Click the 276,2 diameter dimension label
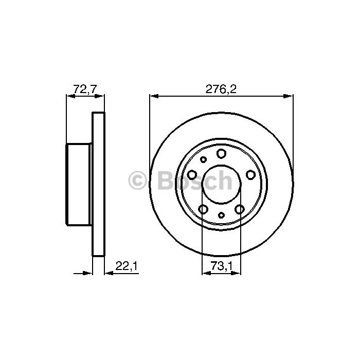point(221,89)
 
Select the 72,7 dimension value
point(85,89)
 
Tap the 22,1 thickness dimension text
point(127,266)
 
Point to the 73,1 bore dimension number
point(222,266)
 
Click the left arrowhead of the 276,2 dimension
point(154,96)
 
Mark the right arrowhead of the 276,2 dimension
point(289,96)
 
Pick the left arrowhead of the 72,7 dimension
point(71,96)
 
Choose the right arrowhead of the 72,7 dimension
point(100,96)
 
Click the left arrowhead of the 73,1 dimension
point(206,273)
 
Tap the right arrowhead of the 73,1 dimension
point(236,273)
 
